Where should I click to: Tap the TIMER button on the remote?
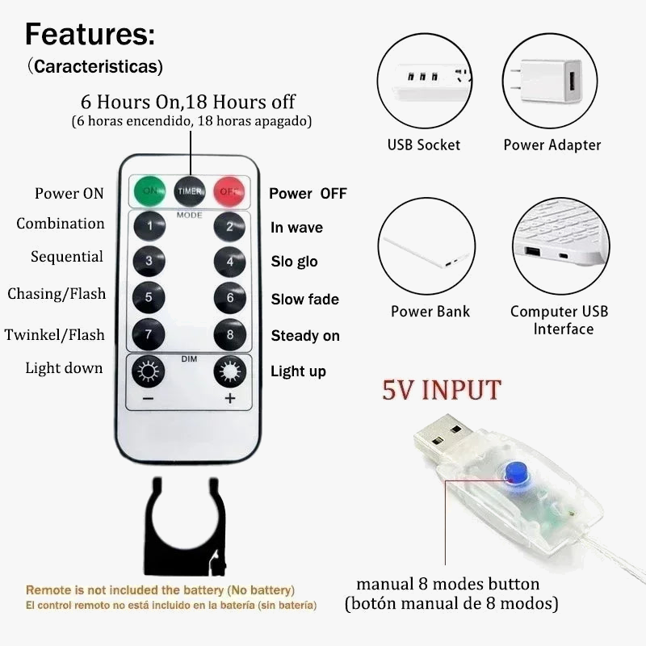pyautogui.click(x=190, y=191)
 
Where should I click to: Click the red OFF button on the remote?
pyautogui.click(x=229, y=191)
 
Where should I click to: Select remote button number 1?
pyautogui.click(x=149, y=226)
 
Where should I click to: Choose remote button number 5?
pyautogui.click(x=149, y=297)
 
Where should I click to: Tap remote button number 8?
pyautogui.click(x=230, y=334)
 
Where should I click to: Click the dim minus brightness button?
pyautogui.click(x=149, y=371)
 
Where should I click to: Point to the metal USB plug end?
pyautogui.click(x=443, y=435)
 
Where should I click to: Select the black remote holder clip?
pyautogui.click(x=185, y=526)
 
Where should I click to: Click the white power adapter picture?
pyautogui.click(x=551, y=82)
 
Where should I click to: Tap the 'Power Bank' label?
pyautogui.click(x=430, y=311)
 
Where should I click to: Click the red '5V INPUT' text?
pyautogui.click(x=442, y=390)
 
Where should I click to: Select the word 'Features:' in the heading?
pyautogui.click(x=90, y=34)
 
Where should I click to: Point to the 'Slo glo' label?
pyautogui.click(x=294, y=261)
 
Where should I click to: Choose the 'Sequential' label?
pyautogui.click(x=67, y=257)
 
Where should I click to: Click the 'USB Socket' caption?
pyautogui.click(x=423, y=145)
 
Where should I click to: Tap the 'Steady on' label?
pyautogui.click(x=305, y=336)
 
